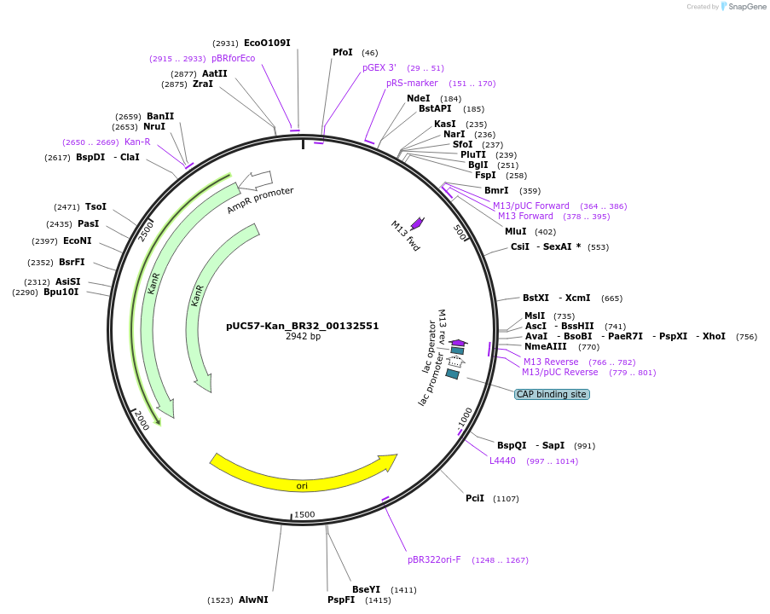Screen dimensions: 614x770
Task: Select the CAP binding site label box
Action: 551,394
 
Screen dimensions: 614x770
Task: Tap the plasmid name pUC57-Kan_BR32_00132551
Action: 303,326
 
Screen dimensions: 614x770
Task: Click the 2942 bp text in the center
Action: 303,337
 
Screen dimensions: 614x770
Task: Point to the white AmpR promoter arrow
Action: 256,180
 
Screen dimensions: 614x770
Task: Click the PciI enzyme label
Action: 475,498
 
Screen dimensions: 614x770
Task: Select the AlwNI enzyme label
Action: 253,600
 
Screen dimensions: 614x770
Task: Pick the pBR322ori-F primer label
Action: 434,560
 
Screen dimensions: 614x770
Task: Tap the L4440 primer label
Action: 502,460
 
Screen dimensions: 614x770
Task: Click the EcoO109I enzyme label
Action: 267,43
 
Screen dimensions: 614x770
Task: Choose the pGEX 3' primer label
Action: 379,67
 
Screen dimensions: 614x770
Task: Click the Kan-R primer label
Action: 137,142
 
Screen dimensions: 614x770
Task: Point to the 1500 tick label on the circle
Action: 304,514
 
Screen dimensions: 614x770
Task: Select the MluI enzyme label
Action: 516,231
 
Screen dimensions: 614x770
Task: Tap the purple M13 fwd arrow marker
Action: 417,223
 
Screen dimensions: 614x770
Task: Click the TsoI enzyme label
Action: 96,206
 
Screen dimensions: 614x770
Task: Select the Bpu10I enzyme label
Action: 61,292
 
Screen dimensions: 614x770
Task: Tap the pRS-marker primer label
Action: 412,83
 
